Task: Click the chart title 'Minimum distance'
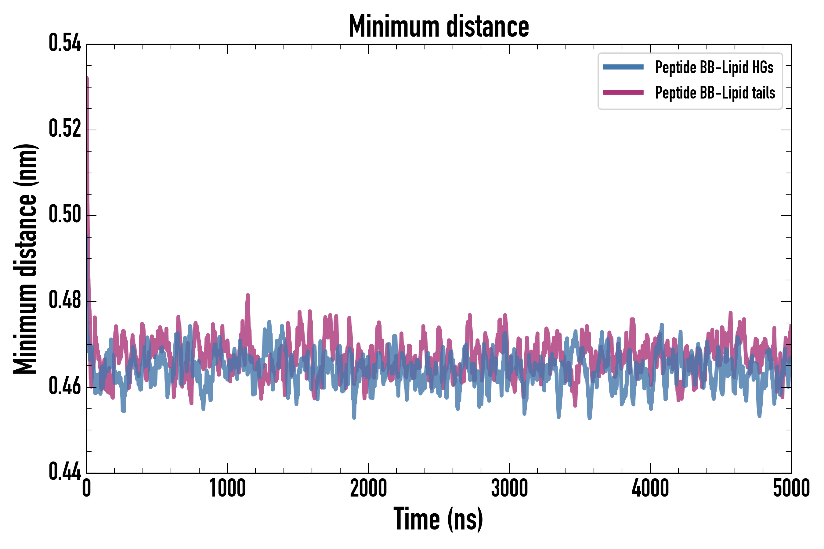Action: point(439,26)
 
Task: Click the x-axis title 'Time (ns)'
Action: point(439,519)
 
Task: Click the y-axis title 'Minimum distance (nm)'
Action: point(25,259)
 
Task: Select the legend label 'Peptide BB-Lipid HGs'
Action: point(714,67)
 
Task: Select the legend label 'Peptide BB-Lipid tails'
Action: point(715,93)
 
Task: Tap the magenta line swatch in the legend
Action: point(623,92)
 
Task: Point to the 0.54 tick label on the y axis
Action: point(65,43)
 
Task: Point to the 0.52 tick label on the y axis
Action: point(65,128)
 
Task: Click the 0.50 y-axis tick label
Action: point(65,214)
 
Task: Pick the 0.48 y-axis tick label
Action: point(65,300)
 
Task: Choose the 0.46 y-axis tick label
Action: point(65,386)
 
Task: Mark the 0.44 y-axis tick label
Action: point(65,472)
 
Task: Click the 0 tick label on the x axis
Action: point(87,488)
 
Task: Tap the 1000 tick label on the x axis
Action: point(227,488)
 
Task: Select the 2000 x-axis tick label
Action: point(368,488)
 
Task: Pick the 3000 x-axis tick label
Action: point(509,488)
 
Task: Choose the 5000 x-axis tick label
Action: point(791,488)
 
